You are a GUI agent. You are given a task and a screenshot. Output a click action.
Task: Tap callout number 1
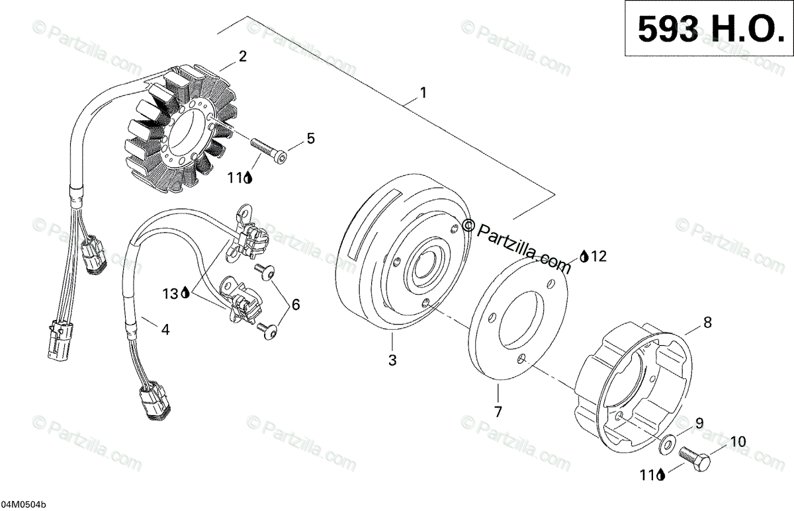click(422, 93)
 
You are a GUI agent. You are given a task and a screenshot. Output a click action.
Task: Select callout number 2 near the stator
click(243, 56)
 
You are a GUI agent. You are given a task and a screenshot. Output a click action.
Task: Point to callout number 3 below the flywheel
click(392, 360)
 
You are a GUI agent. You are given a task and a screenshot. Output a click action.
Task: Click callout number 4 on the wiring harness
click(165, 329)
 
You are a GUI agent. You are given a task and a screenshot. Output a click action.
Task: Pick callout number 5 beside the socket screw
click(310, 139)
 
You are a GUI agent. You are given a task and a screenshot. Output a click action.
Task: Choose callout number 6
click(295, 305)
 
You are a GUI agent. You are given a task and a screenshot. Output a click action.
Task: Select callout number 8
click(707, 323)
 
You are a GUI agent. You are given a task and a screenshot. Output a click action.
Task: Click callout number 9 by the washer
click(699, 422)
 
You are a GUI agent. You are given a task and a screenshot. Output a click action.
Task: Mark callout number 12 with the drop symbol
click(598, 256)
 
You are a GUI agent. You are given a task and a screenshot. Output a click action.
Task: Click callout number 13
click(171, 292)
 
